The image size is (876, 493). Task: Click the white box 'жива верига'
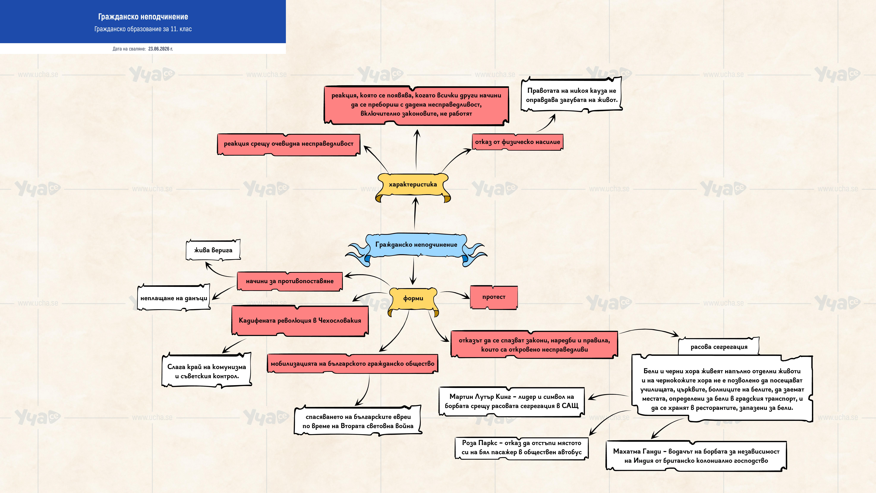pos(213,250)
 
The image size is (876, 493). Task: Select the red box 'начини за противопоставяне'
pos(290,281)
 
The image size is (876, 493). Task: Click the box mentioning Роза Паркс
pos(522,448)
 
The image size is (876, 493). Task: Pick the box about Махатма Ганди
pos(696,456)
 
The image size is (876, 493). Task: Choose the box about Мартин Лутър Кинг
pos(511,401)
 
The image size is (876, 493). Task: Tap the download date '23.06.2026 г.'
pos(161,49)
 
